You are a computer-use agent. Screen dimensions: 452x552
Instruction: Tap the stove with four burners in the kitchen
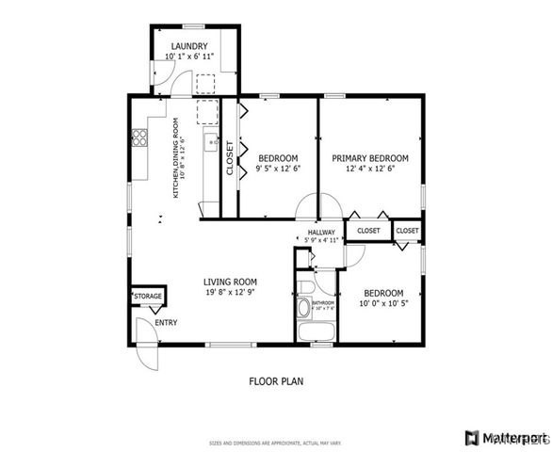(x=139, y=138)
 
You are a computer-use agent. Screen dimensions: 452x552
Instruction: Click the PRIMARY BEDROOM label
(x=369, y=158)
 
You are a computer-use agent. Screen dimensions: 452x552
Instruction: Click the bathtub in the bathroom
(x=314, y=332)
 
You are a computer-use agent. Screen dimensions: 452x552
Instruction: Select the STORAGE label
(x=147, y=297)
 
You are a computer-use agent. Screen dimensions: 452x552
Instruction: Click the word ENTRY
(x=166, y=323)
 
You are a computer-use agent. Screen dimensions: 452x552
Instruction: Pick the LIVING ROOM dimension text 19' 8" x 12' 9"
(x=231, y=293)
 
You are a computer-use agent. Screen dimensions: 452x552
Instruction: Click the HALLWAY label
(x=321, y=233)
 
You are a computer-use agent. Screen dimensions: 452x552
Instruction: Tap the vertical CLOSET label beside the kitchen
(x=229, y=158)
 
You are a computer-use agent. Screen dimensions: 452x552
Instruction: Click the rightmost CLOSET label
(x=407, y=230)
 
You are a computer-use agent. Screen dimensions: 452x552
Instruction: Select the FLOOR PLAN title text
(x=276, y=381)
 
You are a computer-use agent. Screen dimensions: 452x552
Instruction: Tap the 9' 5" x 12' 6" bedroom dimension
(x=278, y=169)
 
